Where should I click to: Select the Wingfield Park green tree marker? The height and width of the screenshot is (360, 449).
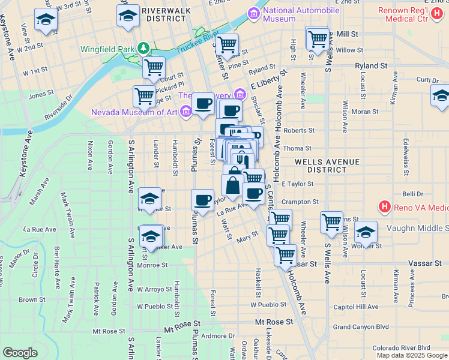[x=143, y=47]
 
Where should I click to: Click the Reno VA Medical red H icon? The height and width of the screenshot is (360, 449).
[x=385, y=208]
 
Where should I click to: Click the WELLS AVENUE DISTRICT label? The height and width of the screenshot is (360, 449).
[x=327, y=166]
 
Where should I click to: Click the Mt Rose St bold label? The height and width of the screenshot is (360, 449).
[x=273, y=322]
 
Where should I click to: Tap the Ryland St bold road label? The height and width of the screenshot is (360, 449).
[x=370, y=65]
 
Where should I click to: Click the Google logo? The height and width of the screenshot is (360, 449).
[x=20, y=353]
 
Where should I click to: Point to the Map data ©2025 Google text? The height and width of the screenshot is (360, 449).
[x=412, y=355]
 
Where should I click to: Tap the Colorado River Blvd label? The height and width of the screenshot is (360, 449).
[x=401, y=347]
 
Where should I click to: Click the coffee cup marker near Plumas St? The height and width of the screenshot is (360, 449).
[x=202, y=199]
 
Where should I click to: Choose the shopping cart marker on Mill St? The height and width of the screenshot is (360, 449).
[x=316, y=39]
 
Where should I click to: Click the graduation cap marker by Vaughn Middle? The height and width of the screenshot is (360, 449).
[x=366, y=232]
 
